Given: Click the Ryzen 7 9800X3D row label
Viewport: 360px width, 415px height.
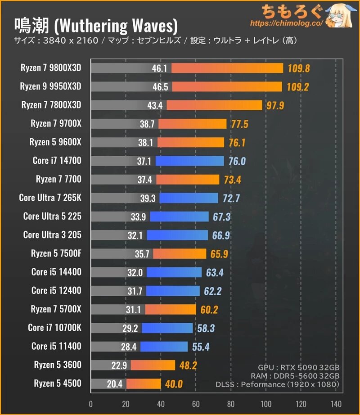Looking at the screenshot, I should tap(50, 68).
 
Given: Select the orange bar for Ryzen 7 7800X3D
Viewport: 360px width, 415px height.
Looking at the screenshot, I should tap(214, 105).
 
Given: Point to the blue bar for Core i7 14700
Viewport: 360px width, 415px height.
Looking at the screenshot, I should tap(189, 161).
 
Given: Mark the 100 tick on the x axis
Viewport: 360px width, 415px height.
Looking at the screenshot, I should tap(266, 403).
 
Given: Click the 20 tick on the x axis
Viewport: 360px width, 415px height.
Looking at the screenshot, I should tap(126, 403).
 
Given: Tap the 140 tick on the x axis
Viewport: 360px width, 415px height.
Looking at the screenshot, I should tap(336, 403).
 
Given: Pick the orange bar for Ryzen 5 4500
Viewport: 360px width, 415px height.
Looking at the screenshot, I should tap(144, 383).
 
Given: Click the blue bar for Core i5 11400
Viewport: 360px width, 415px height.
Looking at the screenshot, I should tap(164, 346).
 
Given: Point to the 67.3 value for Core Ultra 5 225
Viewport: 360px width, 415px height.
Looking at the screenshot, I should tap(222, 217).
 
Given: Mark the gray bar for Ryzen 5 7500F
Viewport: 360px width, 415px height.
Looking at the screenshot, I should tap(121, 253).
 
